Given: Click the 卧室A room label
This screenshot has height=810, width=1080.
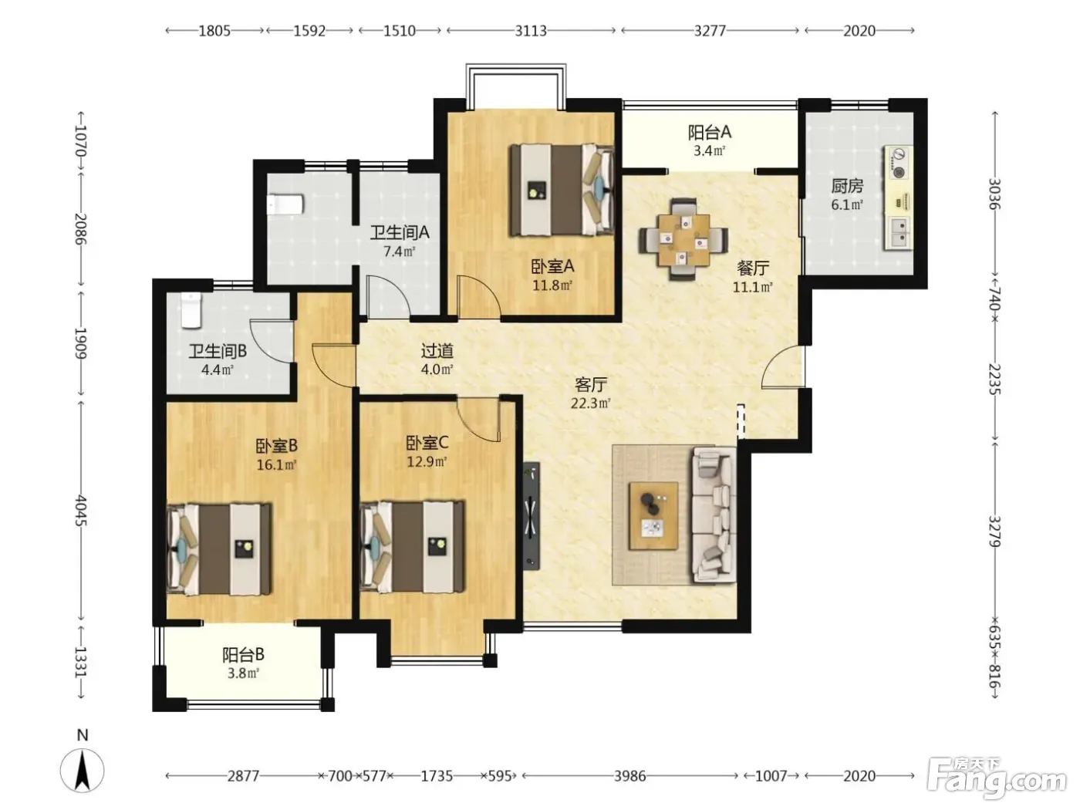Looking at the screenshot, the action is pos(552,266).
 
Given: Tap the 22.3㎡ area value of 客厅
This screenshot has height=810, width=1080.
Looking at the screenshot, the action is pos(590,403).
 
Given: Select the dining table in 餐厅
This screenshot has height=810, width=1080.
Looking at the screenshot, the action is pos(683,239).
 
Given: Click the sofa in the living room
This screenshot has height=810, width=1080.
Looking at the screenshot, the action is pos(714,515).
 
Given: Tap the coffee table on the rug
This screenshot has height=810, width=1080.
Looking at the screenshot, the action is pos(653,516).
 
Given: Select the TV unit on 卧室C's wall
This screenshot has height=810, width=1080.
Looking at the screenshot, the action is pos(532,515).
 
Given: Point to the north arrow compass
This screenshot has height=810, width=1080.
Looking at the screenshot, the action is pos(83,769).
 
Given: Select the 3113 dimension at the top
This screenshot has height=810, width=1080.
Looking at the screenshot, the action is pos(531,31).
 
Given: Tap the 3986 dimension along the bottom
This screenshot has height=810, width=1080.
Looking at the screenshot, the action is pos(629,775).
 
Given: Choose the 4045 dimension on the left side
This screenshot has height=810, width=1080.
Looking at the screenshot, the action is pos(81,511).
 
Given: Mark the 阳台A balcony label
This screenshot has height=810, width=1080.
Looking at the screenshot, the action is pos(709,132).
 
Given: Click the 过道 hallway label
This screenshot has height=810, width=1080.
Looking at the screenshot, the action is pos(437,351).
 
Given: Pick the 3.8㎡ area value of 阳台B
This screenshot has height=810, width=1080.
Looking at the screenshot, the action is pos(243,673).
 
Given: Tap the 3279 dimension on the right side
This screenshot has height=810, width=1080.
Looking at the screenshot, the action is pos(994,532).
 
